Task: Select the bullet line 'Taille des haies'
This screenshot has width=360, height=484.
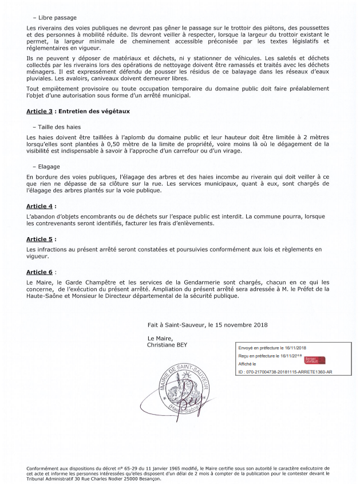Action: [x=60, y=126]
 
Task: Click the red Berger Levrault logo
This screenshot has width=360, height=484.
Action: [x=314, y=360]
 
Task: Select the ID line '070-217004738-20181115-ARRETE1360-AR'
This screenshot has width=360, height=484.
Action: [x=284, y=372]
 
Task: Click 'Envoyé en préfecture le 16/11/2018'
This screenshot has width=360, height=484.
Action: [x=272, y=348]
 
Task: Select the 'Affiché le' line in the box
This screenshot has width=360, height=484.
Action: [x=247, y=364]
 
